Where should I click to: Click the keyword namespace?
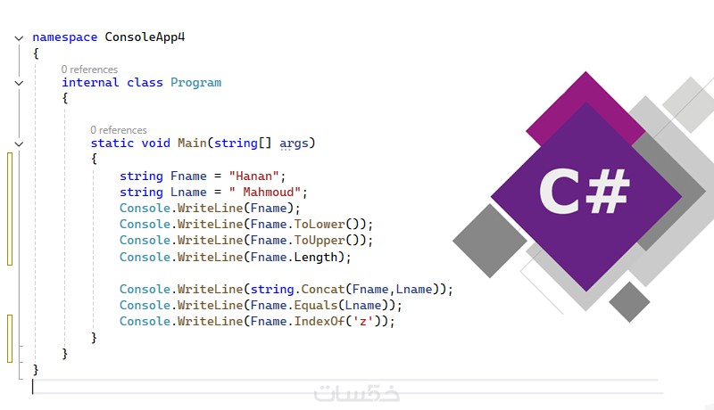point(64,37)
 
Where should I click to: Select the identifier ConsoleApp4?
point(145,37)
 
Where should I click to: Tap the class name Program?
point(195,83)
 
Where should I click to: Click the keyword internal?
point(90,82)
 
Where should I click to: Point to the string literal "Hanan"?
point(254,176)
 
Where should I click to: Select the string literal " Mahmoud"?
point(265,192)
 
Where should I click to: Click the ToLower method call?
point(320,224)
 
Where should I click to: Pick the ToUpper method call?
point(320,240)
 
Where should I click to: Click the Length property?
point(316,258)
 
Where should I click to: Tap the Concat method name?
point(323,289)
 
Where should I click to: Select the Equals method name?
point(316,306)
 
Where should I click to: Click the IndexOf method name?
point(320,322)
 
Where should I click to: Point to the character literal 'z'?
point(363,322)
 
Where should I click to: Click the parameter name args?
point(294,143)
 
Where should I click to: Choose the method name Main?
point(192,143)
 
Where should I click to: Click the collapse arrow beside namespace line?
point(19,38)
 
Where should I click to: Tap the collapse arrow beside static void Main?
point(19,144)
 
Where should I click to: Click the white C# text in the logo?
point(585,192)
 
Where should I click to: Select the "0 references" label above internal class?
point(89,70)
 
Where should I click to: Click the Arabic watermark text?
point(356,393)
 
